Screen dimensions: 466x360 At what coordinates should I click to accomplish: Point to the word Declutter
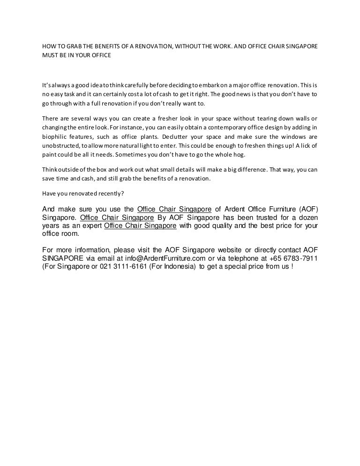click(176, 136)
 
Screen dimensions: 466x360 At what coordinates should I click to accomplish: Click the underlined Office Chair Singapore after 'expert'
click(140, 225)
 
